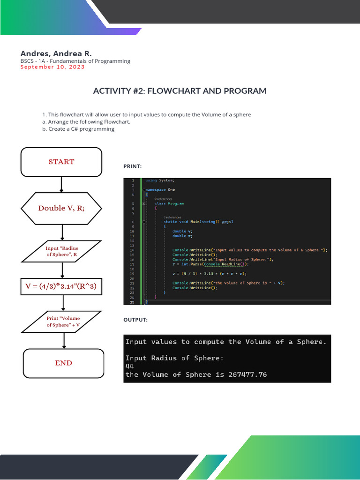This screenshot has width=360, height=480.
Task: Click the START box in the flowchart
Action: (61, 162)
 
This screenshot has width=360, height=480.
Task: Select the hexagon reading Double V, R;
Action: (61, 208)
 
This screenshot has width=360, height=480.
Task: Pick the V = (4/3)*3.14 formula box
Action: (61, 286)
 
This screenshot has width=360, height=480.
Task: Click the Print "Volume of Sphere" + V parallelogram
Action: (63, 322)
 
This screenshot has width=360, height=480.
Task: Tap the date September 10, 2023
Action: (52, 67)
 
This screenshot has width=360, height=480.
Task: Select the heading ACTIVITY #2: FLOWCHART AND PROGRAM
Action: (180, 91)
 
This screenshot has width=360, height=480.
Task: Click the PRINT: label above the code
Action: (132, 166)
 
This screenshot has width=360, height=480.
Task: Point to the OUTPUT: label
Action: (135, 320)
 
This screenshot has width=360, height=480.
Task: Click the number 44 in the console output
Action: (130, 366)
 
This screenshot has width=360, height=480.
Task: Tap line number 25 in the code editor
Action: (132, 302)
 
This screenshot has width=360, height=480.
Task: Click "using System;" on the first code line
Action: (160, 180)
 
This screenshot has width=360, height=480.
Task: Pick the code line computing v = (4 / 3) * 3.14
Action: (209, 273)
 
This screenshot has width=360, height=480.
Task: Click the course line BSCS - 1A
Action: (75, 61)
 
